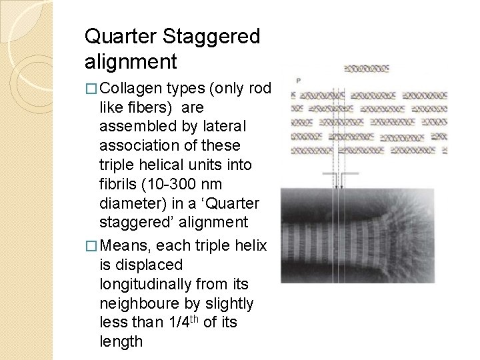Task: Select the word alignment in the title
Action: (131, 62)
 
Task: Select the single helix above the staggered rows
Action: (367, 69)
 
